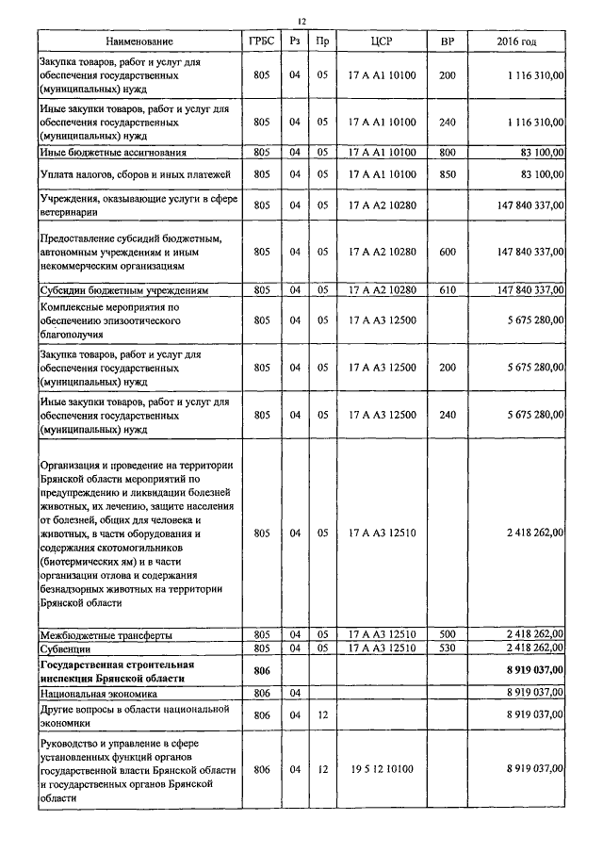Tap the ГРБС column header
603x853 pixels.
pos(262,42)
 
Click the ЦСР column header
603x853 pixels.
pos(382,42)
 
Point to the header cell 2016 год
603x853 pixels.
pos(516,42)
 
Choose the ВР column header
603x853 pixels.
pos(448,42)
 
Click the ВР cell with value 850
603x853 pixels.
pos(448,174)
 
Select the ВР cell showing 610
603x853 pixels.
pos(448,290)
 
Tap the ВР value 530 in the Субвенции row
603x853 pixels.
pos(448,648)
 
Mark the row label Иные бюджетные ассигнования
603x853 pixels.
pos(112,152)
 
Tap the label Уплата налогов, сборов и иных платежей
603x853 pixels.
pos(136,174)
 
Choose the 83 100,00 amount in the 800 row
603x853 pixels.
pos(540,152)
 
